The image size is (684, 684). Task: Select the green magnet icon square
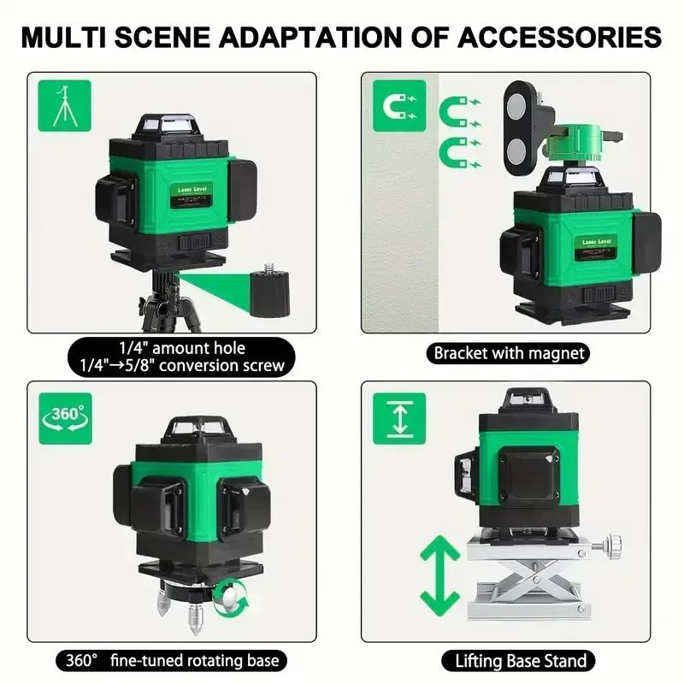click(x=398, y=104)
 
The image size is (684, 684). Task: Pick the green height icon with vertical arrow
click(x=398, y=416)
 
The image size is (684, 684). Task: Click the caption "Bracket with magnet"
click(x=509, y=352)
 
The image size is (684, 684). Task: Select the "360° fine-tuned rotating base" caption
click(x=172, y=660)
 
